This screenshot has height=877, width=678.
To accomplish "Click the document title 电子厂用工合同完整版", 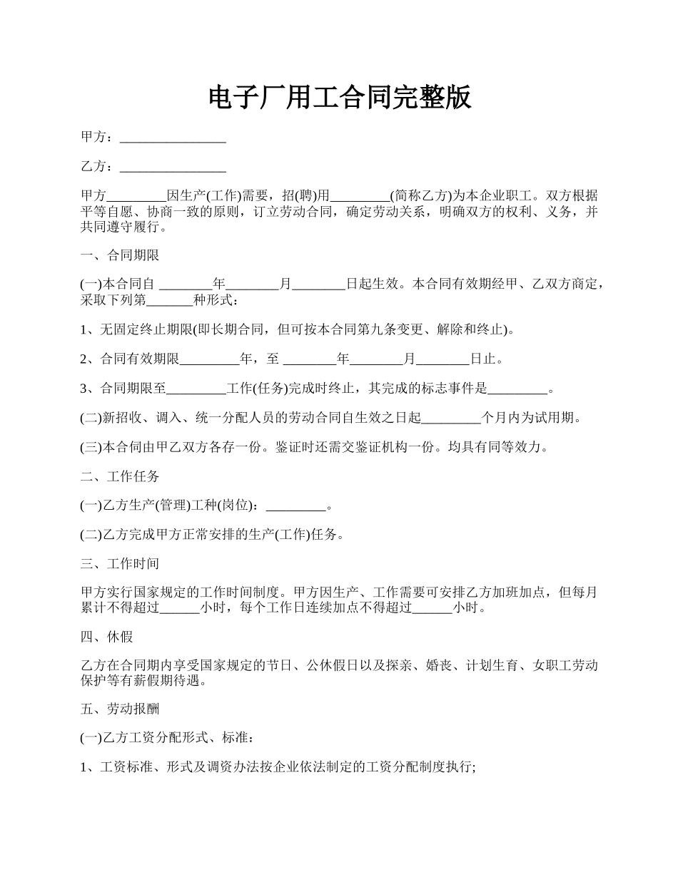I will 340,98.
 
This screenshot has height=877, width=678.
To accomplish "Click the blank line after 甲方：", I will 173,138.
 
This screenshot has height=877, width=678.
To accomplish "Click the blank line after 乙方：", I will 173,168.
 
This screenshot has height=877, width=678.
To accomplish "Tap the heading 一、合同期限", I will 119,255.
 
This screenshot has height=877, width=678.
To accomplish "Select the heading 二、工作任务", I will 119,476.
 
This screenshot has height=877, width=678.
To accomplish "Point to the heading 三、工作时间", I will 119,565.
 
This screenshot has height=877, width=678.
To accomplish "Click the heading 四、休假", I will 106,637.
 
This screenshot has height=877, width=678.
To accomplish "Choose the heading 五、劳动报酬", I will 119,709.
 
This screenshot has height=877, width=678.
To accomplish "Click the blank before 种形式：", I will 169,300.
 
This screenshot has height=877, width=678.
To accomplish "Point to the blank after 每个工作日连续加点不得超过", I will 432,609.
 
